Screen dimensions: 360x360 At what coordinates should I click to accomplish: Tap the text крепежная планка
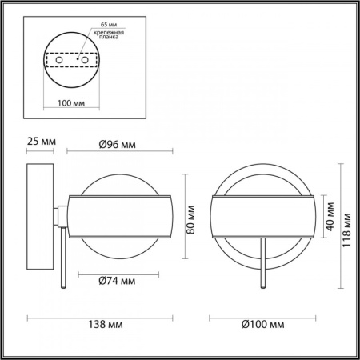(107, 34)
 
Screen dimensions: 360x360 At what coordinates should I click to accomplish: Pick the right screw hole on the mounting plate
(81, 58)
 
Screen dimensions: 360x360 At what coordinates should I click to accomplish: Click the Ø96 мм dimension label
(117, 145)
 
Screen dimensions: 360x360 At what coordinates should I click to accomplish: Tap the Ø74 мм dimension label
(117, 281)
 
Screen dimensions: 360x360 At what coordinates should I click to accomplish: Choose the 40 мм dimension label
(328, 215)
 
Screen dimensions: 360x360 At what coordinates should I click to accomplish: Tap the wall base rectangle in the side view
(39, 215)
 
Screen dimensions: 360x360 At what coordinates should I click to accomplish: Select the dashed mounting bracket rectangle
(69, 59)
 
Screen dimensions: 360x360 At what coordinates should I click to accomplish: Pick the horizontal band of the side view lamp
(120, 216)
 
